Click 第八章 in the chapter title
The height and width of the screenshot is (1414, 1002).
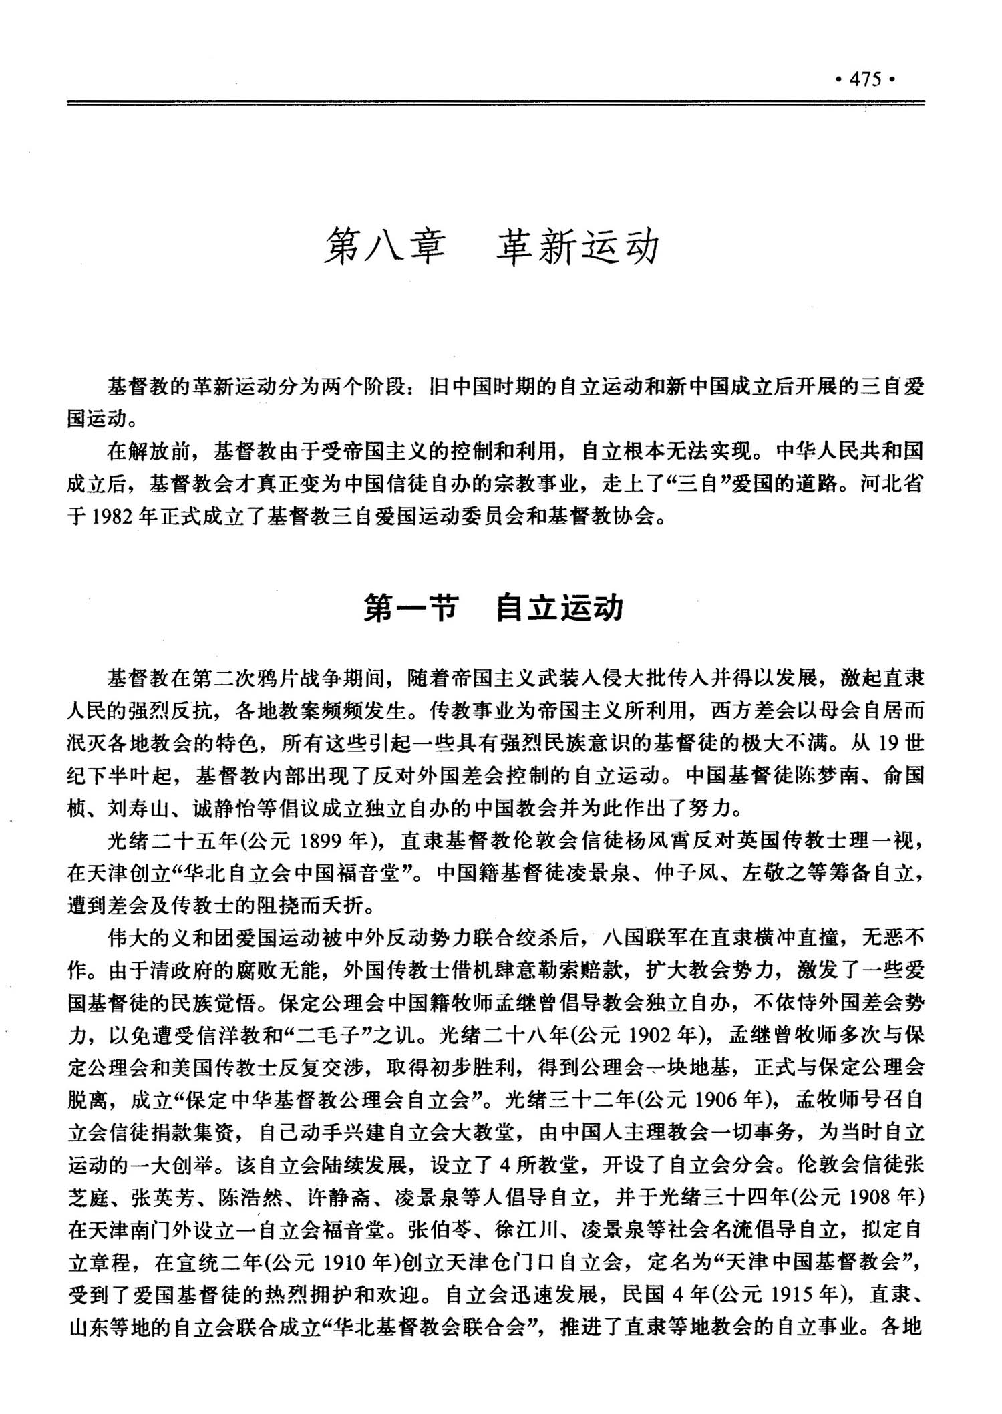pyautogui.click(x=385, y=247)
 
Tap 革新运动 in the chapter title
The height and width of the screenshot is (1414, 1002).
pyautogui.click(x=577, y=247)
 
